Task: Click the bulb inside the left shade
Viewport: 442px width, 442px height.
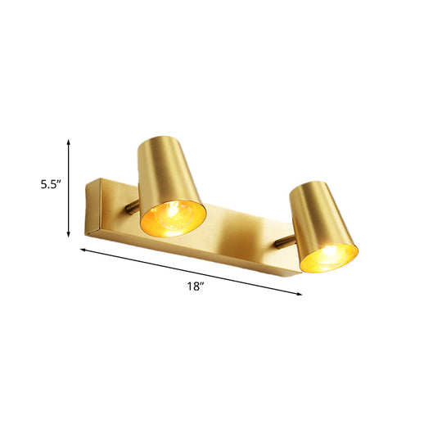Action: [x=171, y=217]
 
